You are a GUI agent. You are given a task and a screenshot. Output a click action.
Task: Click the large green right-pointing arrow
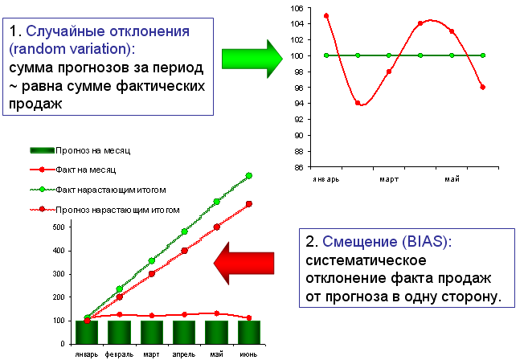[252, 59]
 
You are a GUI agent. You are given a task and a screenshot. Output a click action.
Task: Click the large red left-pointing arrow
[244, 263]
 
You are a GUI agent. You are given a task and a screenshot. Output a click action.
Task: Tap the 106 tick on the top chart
[297, 8]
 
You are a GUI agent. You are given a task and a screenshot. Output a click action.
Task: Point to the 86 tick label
[299, 167]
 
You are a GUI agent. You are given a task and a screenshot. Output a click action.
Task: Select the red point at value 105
[326, 16]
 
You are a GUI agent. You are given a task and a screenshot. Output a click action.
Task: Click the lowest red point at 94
[358, 103]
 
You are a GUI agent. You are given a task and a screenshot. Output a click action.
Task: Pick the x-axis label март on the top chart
[389, 179]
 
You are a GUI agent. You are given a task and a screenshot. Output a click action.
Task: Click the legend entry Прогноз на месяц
[80, 151]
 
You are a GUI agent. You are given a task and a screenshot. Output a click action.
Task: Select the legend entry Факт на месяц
[73, 170]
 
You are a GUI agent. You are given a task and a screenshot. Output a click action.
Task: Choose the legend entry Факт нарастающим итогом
[98, 190]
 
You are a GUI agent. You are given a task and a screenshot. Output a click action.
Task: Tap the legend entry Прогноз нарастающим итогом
[104, 210]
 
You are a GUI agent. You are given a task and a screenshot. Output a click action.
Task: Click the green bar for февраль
[119, 332]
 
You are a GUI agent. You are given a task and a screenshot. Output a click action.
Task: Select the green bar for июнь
[249, 332]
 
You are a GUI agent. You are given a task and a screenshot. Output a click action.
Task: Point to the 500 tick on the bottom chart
[59, 227]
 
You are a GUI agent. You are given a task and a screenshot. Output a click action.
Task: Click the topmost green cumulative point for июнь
[249, 175]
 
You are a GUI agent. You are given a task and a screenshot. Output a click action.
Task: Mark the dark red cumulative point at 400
[184, 251]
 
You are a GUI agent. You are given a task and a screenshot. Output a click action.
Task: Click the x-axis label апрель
[184, 354]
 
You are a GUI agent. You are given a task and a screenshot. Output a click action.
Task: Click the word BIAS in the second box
[424, 241]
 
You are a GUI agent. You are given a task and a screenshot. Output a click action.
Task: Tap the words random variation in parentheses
[72, 49]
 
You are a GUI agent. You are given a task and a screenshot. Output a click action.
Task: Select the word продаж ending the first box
[35, 104]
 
